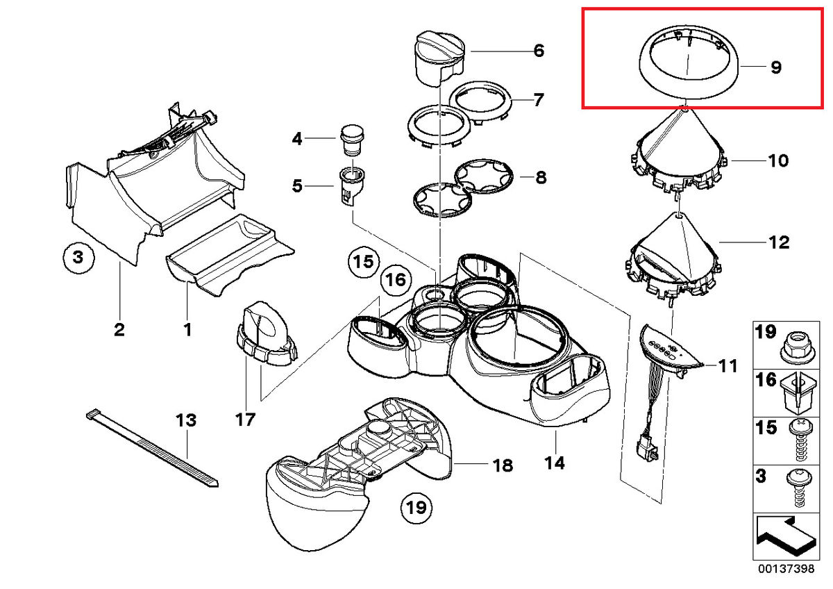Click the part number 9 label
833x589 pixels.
click(x=775, y=67)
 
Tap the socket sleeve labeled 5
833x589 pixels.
click(x=353, y=186)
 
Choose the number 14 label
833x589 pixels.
click(x=555, y=461)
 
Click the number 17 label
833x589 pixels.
click(x=245, y=420)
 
